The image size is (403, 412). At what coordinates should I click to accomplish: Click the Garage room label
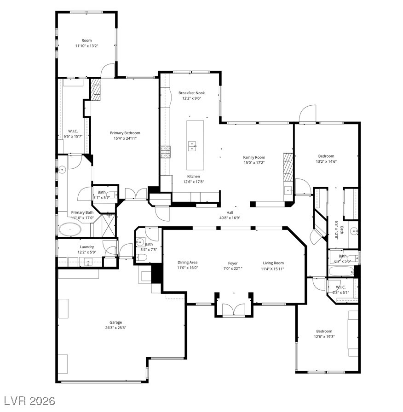[x=115, y=322]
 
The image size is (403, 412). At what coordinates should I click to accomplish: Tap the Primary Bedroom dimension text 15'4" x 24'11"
[x=125, y=138]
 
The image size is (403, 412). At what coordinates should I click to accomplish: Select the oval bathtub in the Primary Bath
[x=70, y=229]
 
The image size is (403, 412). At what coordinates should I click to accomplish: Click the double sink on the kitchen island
[x=192, y=146]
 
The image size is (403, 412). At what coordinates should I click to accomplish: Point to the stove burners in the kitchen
[x=166, y=152]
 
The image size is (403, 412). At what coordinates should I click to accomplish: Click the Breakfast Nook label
[x=192, y=93]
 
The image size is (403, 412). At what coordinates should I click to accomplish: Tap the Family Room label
[x=254, y=157]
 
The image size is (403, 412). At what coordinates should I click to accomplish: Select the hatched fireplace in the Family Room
[x=288, y=167]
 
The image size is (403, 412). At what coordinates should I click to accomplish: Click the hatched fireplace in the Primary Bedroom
[x=95, y=89]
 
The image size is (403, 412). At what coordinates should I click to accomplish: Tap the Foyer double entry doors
[x=234, y=309]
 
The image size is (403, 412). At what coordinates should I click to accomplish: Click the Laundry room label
[x=87, y=247]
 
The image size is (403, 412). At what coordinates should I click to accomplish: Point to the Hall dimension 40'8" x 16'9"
[x=230, y=217]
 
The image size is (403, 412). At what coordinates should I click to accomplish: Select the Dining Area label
[x=187, y=262]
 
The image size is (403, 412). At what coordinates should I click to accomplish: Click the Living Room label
[x=273, y=263]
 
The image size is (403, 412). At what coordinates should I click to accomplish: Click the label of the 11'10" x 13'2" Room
[x=87, y=40]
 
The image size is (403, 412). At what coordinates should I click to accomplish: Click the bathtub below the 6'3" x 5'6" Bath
[x=341, y=271]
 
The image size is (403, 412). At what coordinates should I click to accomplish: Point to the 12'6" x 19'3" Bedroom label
[x=324, y=331]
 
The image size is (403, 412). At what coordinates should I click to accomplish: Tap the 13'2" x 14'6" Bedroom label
[x=326, y=156]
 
